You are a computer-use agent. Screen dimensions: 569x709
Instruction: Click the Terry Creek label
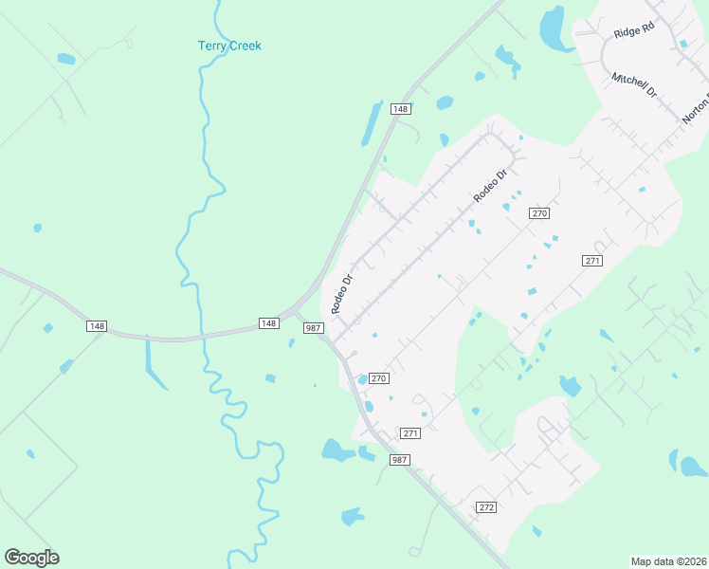229,46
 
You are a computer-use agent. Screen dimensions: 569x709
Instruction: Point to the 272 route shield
486,508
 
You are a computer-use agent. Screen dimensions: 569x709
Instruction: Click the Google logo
31,558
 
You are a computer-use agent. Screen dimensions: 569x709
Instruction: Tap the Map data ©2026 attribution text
668,561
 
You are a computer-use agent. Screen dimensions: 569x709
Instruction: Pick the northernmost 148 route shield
401,109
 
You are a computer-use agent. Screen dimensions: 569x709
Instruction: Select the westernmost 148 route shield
96,326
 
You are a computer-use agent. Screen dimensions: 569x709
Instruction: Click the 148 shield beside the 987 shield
269,323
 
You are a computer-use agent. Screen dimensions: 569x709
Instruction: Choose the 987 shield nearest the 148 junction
314,327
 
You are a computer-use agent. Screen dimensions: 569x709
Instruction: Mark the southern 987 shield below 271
400,459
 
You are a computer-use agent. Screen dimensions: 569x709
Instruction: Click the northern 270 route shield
539,213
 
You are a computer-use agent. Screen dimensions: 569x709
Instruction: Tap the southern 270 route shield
378,377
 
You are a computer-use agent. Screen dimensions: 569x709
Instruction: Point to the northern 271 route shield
592,260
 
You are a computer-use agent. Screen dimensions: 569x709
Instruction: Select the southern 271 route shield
409,433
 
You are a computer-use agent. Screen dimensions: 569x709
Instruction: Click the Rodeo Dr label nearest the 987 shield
341,294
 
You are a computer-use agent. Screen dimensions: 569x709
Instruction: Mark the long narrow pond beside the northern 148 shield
371,123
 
